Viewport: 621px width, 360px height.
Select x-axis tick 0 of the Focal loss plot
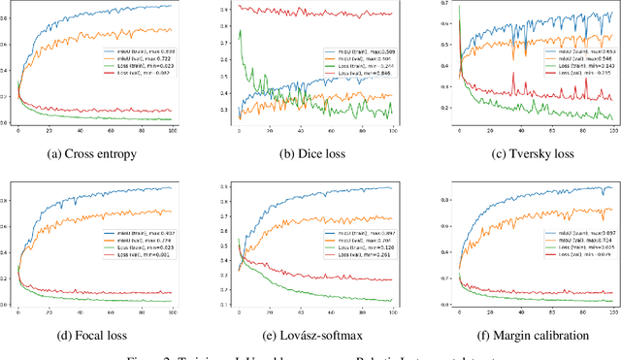(x=17, y=311)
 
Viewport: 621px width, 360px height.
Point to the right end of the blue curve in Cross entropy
(x=172, y=6)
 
